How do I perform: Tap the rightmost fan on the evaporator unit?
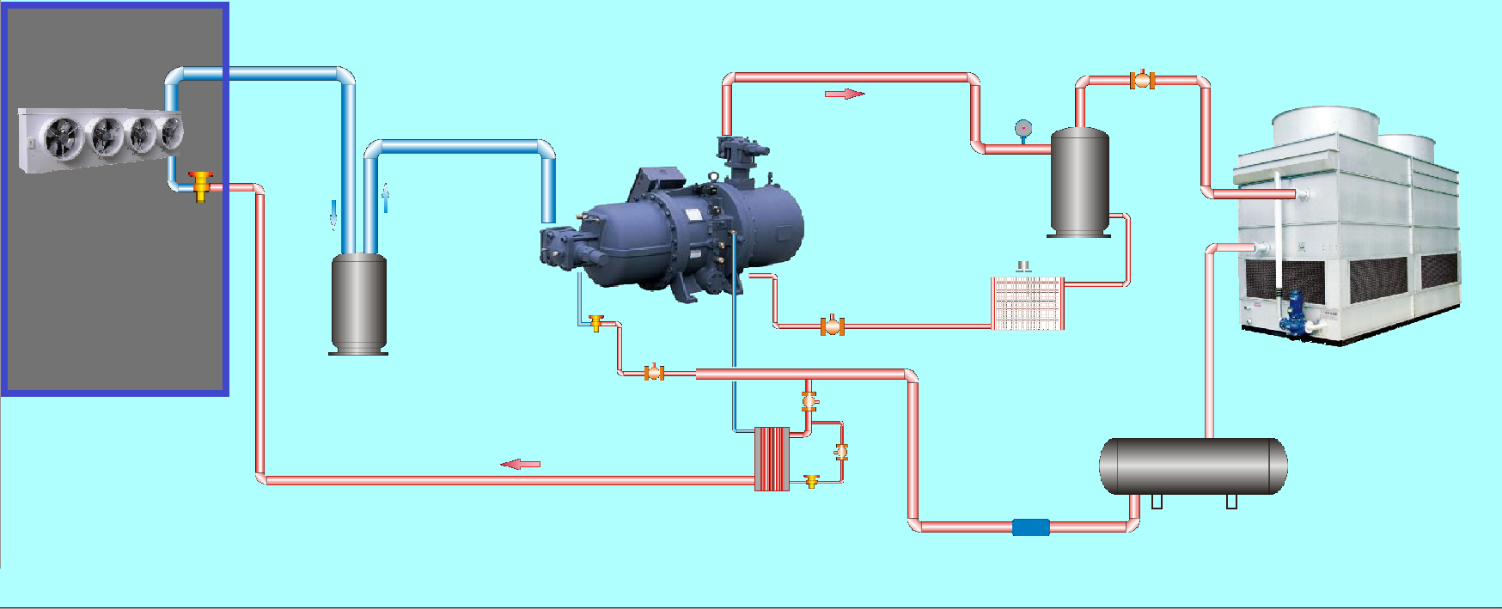tap(172, 132)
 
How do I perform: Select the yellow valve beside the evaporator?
tap(201, 185)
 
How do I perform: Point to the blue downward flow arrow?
tap(333, 215)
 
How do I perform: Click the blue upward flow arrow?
tap(385, 198)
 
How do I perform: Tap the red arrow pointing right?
tap(844, 94)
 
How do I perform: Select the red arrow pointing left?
tap(521, 464)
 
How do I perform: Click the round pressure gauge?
tap(1023, 128)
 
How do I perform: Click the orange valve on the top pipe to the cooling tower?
tap(1142, 80)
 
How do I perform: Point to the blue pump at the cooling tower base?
tap(1292, 313)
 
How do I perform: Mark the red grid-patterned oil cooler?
tap(1028, 302)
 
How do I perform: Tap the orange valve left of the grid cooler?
tap(832, 326)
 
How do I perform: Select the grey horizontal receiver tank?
tap(1193, 466)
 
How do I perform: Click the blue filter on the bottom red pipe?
tap(1030, 527)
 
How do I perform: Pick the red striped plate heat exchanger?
tap(772, 459)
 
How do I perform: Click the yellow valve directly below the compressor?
tap(596, 323)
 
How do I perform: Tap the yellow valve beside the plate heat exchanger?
tap(811, 481)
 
